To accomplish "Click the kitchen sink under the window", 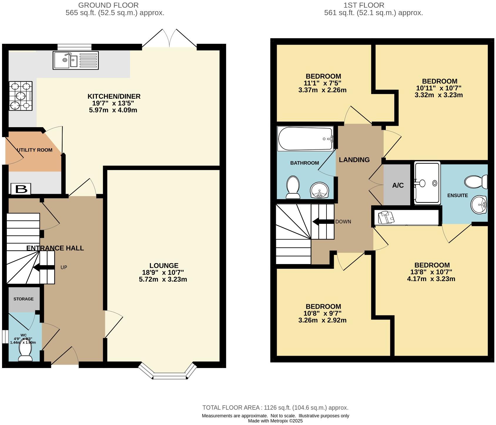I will click(x=76, y=60).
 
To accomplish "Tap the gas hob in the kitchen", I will click(x=21, y=96).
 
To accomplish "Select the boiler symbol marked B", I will click(x=21, y=189).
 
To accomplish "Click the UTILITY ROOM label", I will click(x=35, y=150).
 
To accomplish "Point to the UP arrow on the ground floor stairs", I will click(x=43, y=267).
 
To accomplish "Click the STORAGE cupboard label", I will click(x=24, y=299).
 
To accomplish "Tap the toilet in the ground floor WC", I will click(x=25, y=351).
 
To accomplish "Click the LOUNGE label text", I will click(x=164, y=266).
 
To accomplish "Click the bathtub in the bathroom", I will click(x=306, y=139).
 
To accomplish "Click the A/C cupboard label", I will click(x=398, y=185).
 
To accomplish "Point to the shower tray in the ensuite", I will click(x=427, y=183).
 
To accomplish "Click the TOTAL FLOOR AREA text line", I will click(x=275, y=408).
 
